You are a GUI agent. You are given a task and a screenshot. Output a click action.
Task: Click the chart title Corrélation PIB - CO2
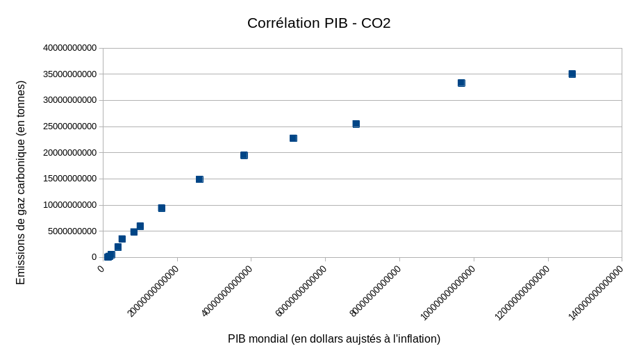pos(319,23)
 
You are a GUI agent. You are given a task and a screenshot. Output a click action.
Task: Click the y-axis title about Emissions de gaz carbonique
pos(20,182)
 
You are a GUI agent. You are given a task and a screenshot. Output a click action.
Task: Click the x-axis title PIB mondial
pos(334,338)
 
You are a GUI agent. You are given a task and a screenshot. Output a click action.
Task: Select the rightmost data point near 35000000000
pos(572,74)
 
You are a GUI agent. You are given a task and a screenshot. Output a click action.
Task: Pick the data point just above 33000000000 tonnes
pos(461,83)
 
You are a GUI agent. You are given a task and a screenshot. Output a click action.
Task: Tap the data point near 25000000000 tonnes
pos(356,124)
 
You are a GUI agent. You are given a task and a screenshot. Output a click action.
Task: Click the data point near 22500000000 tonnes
pos(293,138)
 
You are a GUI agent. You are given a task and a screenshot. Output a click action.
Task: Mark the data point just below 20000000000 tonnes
pos(244,155)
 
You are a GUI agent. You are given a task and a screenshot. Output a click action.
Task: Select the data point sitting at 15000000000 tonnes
pos(199,179)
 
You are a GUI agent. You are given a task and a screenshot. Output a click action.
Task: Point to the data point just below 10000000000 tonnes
pos(161,208)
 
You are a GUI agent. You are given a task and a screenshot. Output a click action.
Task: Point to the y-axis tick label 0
pos(94,257)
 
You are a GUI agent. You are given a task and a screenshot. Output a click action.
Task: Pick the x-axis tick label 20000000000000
pos(153,291)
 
